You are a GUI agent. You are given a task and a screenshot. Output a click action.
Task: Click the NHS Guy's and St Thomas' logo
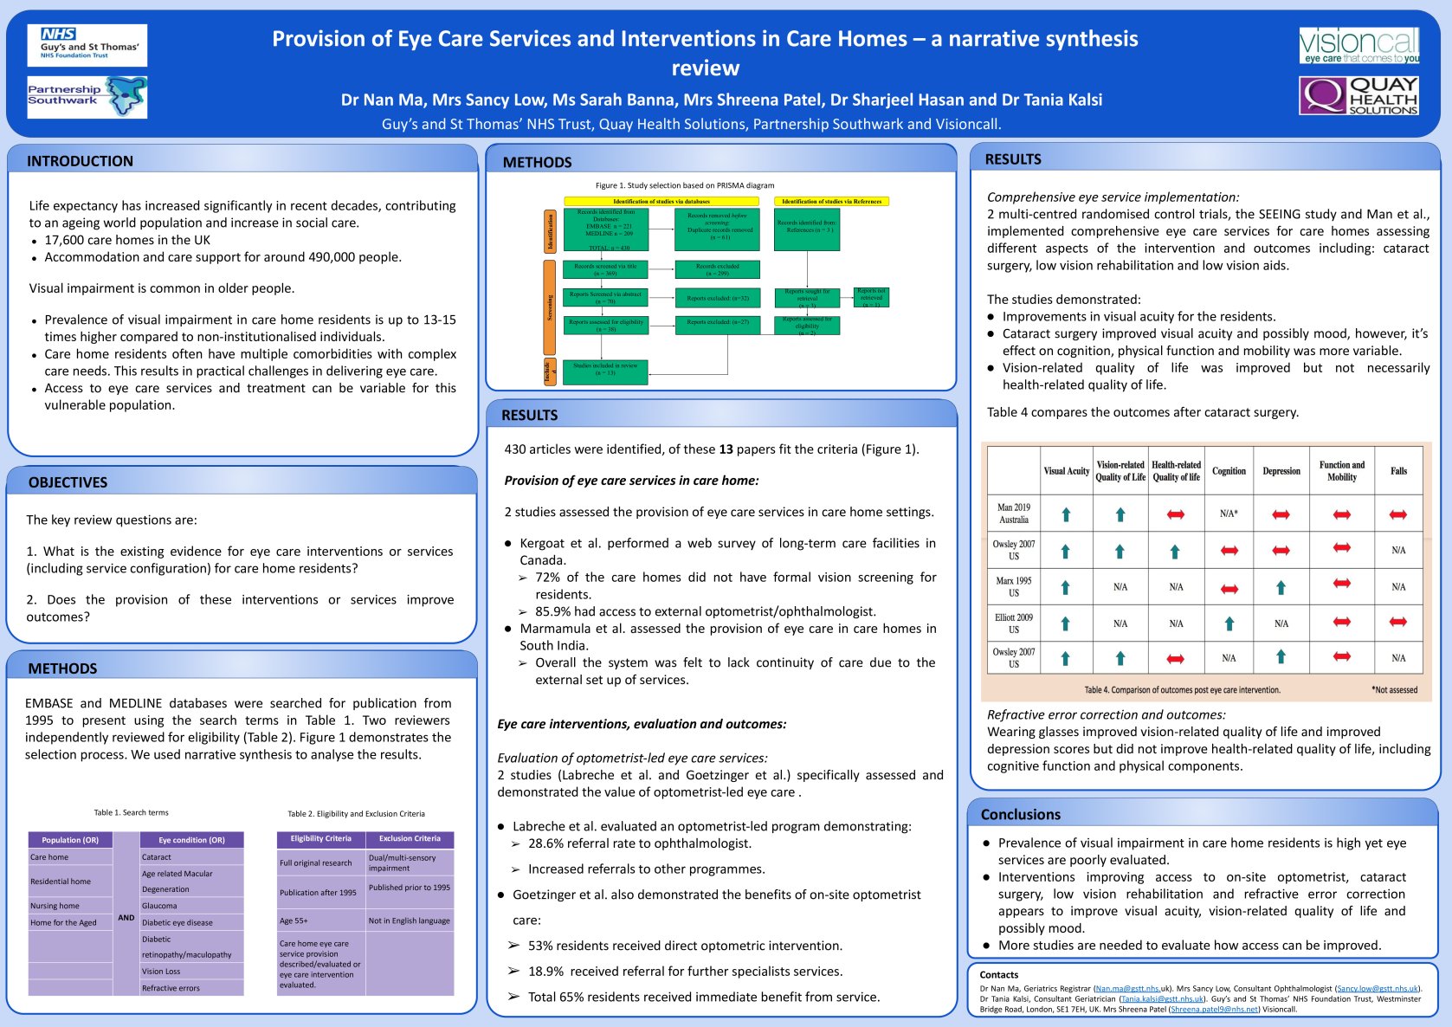tap(87, 45)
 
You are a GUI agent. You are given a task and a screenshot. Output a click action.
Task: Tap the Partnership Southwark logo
tap(87, 97)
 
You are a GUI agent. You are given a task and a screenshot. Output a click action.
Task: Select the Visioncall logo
tap(1359, 45)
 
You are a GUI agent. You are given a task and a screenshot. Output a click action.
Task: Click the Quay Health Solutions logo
tap(1359, 95)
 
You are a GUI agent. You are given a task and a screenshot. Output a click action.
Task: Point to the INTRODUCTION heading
tap(80, 161)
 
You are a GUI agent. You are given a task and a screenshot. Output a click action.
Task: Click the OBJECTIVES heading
tap(68, 482)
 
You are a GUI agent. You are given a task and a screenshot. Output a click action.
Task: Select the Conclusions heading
tap(1020, 815)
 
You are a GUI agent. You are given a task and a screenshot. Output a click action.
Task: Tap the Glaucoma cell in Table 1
tap(160, 906)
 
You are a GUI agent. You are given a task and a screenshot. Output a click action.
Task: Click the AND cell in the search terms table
tap(126, 918)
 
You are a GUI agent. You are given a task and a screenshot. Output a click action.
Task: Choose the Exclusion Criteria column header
tap(410, 839)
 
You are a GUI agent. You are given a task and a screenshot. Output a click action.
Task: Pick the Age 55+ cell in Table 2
tap(294, 920)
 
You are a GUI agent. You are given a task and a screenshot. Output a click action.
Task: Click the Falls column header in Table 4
tap(1398, 471)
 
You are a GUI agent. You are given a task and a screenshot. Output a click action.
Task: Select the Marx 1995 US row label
tap(1013, 587)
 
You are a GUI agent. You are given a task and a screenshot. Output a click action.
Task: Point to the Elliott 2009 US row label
tap(1013, 623)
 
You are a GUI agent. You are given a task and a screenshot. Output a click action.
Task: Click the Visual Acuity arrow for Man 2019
tap(1066, 514)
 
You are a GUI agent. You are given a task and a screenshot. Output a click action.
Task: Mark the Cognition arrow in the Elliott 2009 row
tap(1229, 623)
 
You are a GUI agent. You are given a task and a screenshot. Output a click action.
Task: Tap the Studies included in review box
tap(605, 370)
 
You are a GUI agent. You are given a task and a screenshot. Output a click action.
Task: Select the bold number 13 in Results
tap(726, 449)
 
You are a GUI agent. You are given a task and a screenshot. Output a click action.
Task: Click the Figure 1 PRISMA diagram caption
tap(685, 185)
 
